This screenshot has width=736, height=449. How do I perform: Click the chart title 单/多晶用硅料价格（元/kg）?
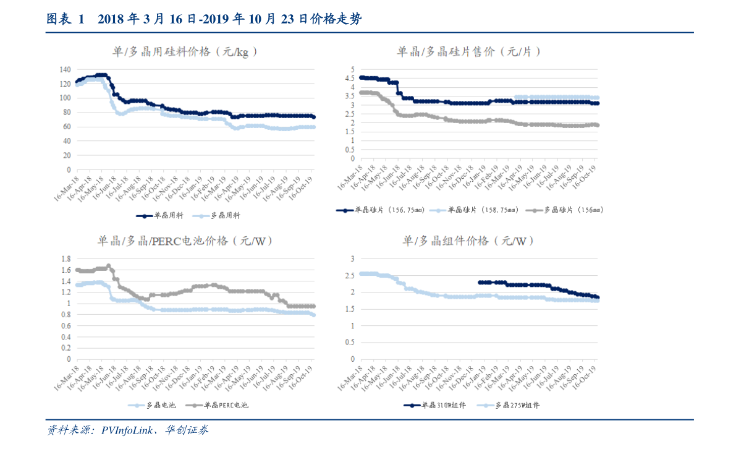(185, 52)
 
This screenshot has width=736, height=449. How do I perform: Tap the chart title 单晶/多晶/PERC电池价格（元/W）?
(185, 241)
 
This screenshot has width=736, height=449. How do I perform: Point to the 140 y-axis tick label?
(66, 69)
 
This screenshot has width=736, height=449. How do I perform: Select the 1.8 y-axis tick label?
(66, 259)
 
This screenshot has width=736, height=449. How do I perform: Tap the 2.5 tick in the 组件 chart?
(349, 275)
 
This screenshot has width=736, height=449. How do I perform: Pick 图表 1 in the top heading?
(65, 20)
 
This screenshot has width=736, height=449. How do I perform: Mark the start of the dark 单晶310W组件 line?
(480, 283)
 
